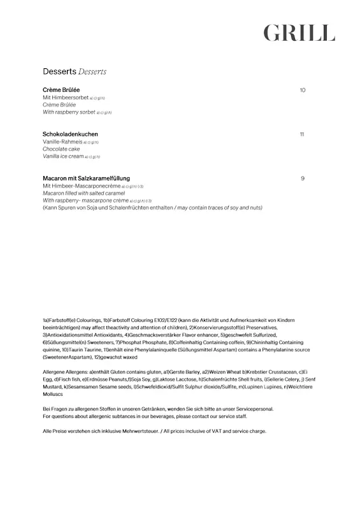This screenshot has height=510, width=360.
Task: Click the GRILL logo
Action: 299,32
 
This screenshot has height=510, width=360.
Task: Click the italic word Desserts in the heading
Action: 93,71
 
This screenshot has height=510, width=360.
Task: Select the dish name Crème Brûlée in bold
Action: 61,90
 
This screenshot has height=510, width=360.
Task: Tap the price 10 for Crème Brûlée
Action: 302,90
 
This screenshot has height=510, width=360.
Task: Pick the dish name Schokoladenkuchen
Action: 70,135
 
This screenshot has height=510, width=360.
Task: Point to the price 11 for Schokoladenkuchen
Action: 301,135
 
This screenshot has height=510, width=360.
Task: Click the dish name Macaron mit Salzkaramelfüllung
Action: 90,178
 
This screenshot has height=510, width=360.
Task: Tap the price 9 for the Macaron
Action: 303,178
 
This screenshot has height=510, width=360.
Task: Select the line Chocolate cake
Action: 61,149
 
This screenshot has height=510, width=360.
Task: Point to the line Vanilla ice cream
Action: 63,156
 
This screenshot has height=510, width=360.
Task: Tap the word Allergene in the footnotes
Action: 55,372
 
